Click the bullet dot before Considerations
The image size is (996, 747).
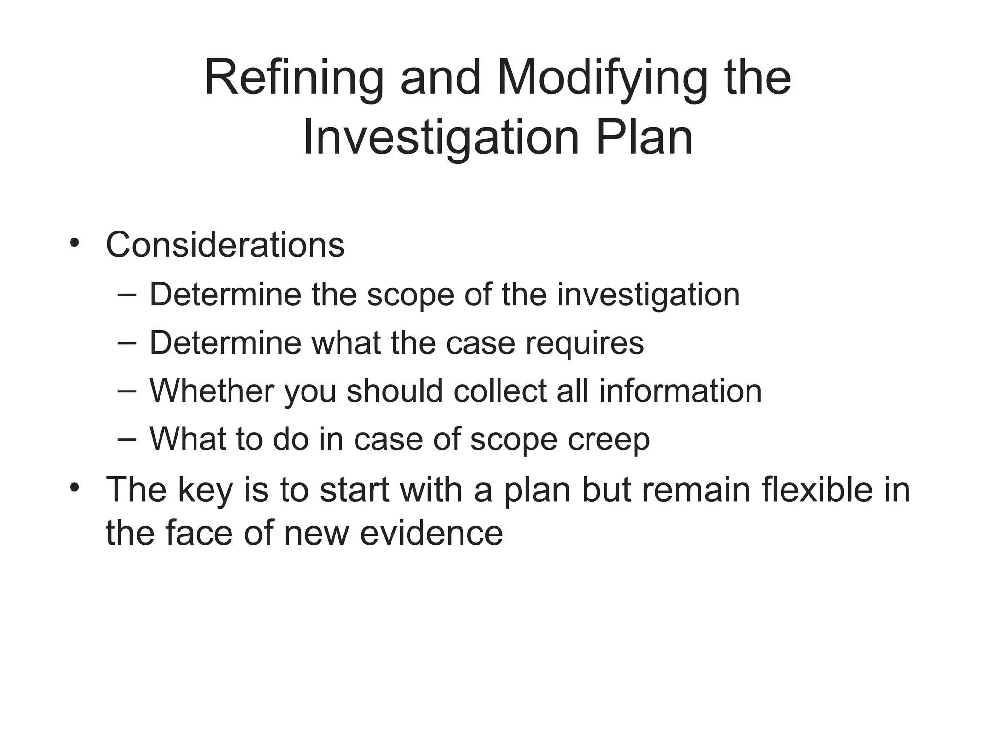click(x=74, y=243)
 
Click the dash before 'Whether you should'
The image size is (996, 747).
click(x=127, y=391)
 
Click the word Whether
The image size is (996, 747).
click(x=212, y=391)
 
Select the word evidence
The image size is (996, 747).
click(x=431, y=533)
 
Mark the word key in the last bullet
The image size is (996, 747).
click(x=206, y=490)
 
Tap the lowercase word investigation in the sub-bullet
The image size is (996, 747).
click(x=648, y=295)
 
